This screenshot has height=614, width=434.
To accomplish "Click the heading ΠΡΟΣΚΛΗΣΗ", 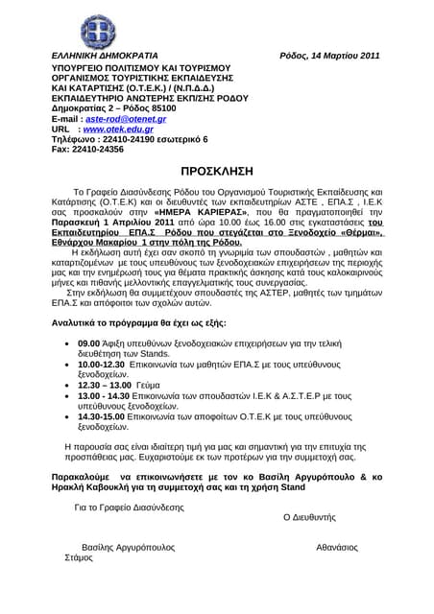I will pyautogui.click(x=217, y=174).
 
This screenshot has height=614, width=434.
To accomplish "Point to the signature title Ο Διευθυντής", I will pyautogui.click(x=309, y=516).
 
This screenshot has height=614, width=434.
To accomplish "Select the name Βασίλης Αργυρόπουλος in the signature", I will pyautogui.click(x=128, y=547).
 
